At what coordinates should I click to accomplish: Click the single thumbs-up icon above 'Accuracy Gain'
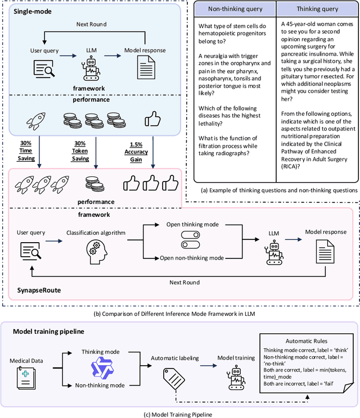pos(151,119)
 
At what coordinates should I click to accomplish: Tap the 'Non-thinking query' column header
pos(235,9)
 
